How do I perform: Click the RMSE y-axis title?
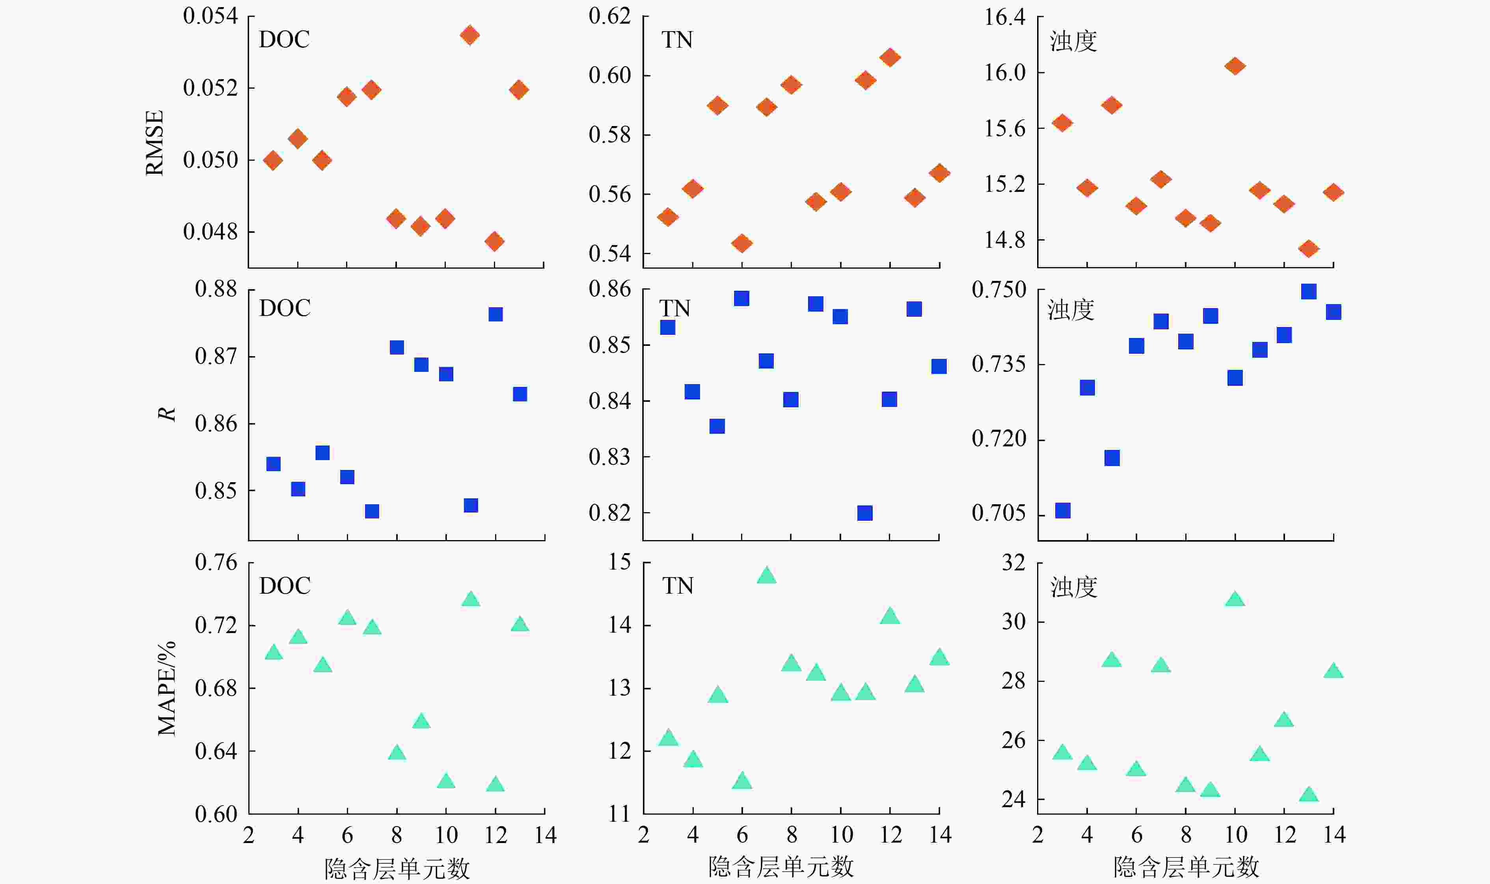(155, 143)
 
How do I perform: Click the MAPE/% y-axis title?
(166, 688)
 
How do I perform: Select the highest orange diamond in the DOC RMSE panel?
(469, 35)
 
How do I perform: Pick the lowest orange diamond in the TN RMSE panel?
(741, 243)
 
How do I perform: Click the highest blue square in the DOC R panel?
(495, 314)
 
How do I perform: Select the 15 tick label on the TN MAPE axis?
(620, 562)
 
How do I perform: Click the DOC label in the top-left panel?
(284, 39)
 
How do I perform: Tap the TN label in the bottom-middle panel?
(678, 586)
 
